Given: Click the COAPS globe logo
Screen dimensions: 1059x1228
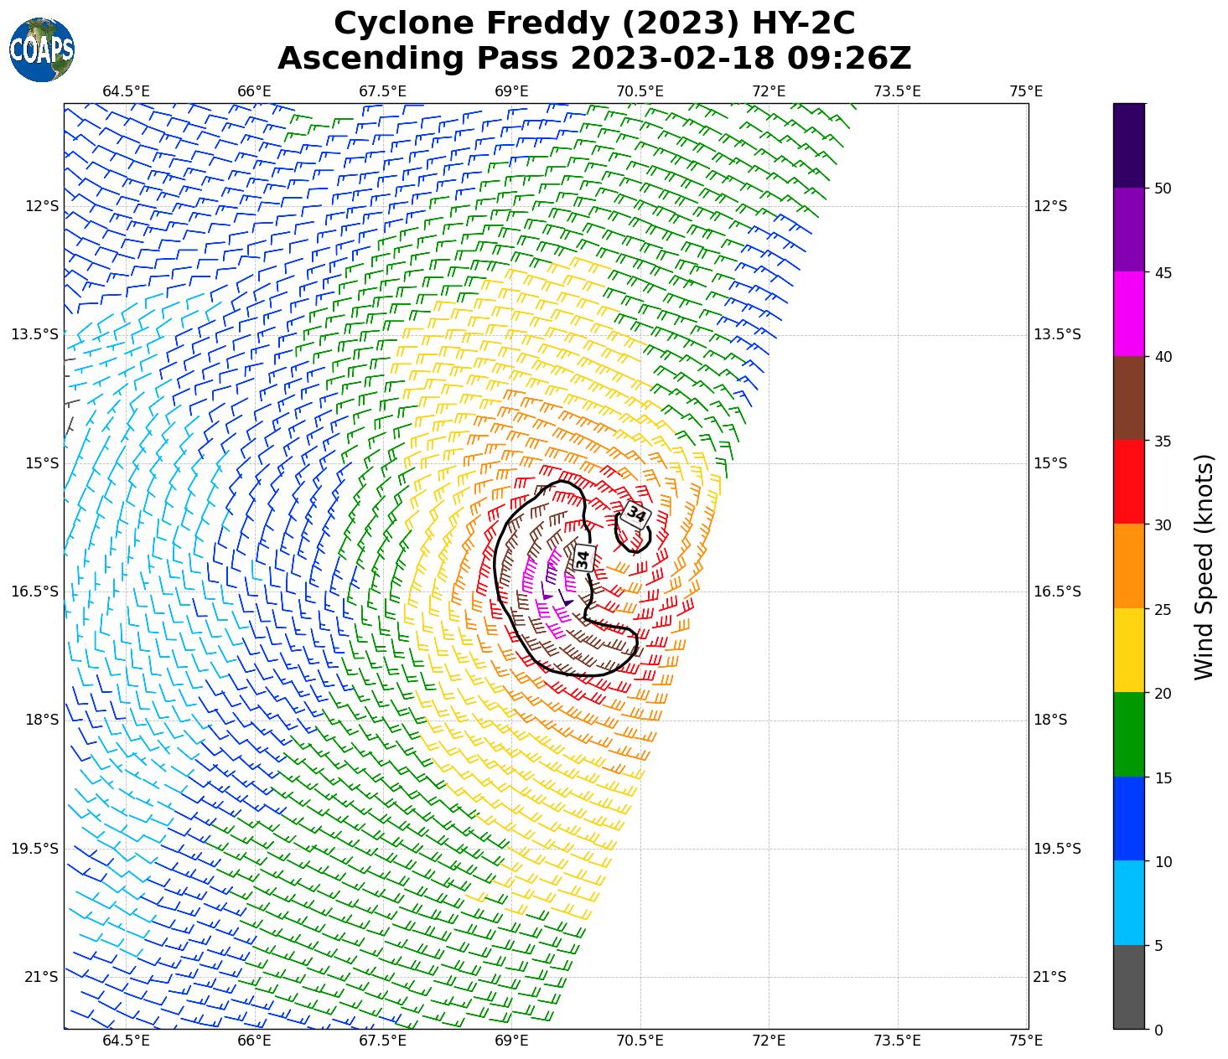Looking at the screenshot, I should (42, 49).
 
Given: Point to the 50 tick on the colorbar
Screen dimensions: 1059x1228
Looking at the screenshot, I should (1162, 189).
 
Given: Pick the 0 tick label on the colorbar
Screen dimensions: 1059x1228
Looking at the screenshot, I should (1158, 1030).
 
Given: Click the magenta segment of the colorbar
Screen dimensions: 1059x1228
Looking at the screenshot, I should (1129, 314).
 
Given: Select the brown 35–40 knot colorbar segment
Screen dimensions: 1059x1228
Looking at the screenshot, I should (1129, 399).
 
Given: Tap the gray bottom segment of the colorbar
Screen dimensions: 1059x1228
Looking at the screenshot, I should (1129, 987).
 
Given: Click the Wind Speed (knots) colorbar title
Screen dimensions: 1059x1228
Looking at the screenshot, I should (1204, 567).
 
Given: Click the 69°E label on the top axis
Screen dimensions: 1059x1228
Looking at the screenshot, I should (511, 91).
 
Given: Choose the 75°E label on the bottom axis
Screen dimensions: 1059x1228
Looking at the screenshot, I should (1027, 1041).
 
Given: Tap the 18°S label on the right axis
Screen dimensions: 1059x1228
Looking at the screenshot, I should (1050, 720).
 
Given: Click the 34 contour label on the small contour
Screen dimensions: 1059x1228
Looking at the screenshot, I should (636, 514).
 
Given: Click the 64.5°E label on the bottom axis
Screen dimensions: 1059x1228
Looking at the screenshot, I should (127, 1041).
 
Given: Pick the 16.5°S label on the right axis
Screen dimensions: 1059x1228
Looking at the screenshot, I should (1056, 591).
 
